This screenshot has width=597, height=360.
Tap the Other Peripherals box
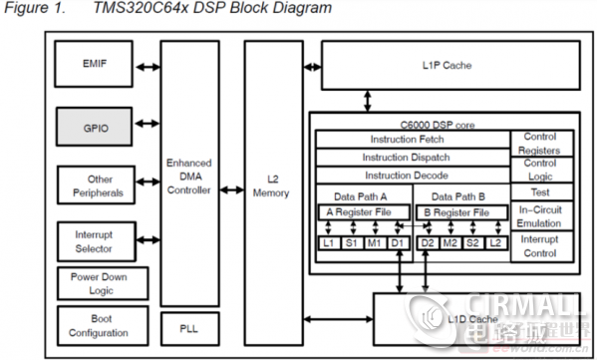click(97, 185)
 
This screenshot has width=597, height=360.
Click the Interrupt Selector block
click(97, 240)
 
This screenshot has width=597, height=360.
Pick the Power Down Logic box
click(97, 283)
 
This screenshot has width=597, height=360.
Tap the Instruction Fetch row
click(414, 139)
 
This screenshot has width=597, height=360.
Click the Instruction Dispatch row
click(414, 157)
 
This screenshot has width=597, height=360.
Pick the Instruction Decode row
click(414, 174)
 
